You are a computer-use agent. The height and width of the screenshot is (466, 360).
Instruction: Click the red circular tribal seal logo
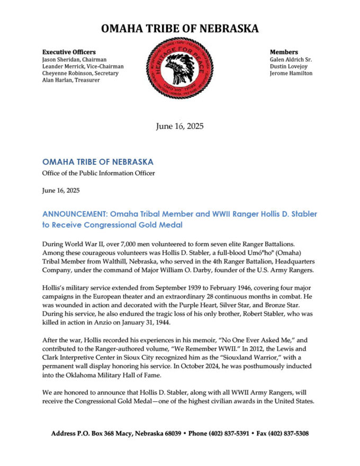click(179, 67)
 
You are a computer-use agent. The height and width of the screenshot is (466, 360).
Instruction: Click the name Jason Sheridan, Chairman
click(75, 59)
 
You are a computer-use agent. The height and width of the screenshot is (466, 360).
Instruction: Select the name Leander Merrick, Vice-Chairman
click(83, 66)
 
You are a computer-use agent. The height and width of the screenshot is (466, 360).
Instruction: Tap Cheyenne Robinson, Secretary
click(80, 73)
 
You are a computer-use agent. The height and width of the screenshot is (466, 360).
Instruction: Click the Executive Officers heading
click(69, 52)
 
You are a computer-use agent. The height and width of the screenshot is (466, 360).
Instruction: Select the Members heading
click(284, 52)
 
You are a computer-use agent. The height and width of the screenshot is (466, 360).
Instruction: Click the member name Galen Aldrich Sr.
click(291, 59)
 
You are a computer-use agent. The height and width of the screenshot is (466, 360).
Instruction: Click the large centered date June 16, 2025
click(179, 126)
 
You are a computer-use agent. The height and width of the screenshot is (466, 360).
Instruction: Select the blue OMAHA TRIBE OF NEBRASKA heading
click(97, 162)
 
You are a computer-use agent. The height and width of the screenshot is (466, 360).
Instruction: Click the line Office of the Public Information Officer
click(98, 173)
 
